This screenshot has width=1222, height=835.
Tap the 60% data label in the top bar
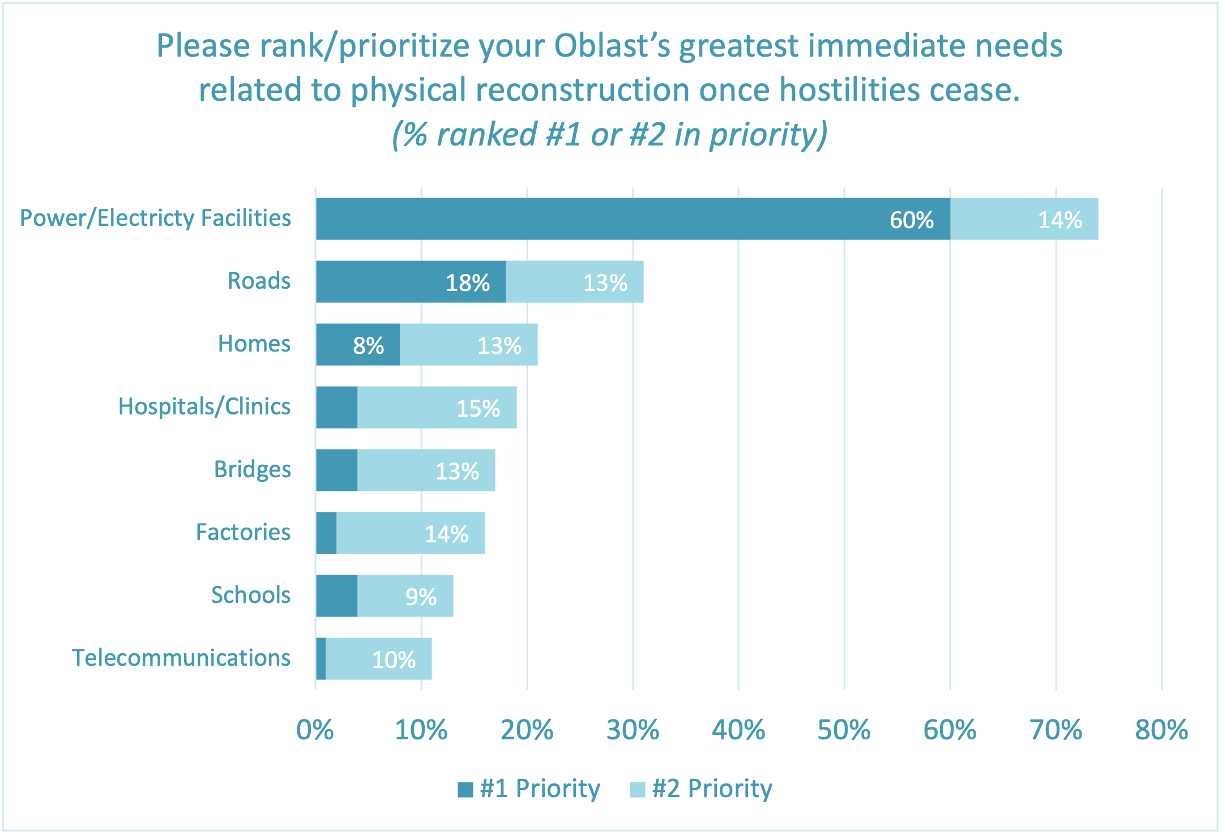(911, 220)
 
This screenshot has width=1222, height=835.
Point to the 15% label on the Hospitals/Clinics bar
(478, 408)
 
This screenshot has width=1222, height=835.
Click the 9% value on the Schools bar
(421, 597)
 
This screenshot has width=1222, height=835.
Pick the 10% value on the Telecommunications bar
(394, 660)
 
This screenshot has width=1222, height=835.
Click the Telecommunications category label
(181, 658)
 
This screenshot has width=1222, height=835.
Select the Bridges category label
(252, 469)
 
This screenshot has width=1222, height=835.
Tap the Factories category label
(243, 532)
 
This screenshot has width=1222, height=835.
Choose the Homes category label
(254, 344)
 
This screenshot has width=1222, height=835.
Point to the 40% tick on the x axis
(738, 730)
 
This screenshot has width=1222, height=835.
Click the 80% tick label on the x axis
(1161, 730)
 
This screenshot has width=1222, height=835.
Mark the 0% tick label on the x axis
(315, 730)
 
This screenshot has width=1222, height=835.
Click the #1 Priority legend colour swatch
(465, 789)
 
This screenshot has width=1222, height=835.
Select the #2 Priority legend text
(712, 789)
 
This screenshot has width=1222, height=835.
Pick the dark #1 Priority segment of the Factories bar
(326, 533)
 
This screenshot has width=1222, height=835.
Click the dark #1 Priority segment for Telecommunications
(321, 658)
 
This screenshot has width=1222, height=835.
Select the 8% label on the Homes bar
(368, 345)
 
